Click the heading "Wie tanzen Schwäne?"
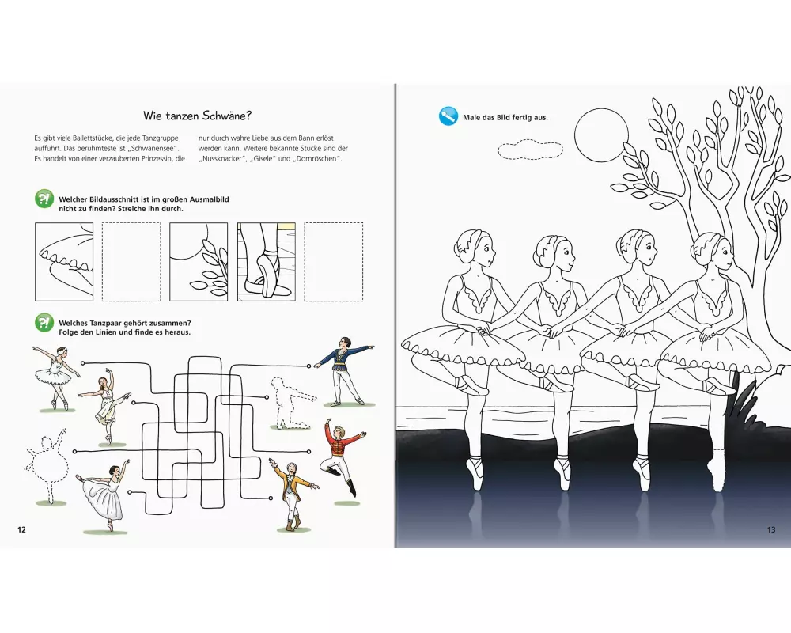coord(197,116)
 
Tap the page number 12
coord(21,529)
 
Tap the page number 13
coord(770,529)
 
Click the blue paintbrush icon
coord(448,116)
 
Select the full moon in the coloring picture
coord(601,136)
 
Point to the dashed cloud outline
coord(530,150)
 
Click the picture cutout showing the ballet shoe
coord(267,261)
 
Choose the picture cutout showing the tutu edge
coord(64,261)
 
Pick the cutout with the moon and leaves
coord(199,261)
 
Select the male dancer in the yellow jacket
coord(293,495)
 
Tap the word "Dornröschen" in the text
coord(317,158)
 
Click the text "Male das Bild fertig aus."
coord(505,118)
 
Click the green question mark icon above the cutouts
coord(44,199)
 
